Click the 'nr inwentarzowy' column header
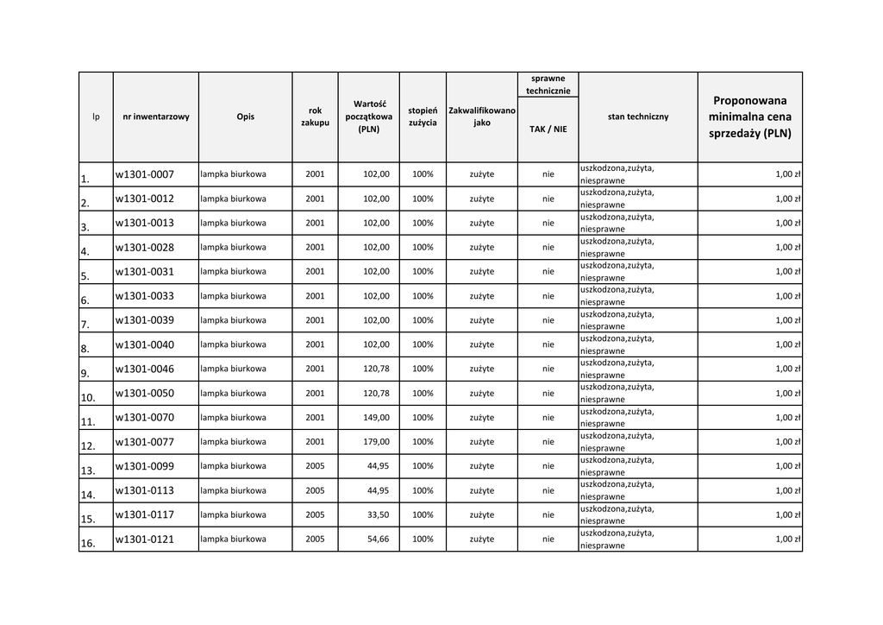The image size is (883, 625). click(x=156, y=117)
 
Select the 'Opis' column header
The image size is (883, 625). click(x=245, y=117)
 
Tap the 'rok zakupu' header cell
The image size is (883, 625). click(x=315, y=117)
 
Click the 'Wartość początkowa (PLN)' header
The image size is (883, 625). click(x=368, y=117)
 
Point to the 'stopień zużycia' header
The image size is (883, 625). click(x=423, y=117)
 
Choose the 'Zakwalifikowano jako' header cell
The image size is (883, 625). click(x=482, y=117)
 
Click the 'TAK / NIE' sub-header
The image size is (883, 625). click(x=548, y=129)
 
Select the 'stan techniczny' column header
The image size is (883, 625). click(x=637, y=117)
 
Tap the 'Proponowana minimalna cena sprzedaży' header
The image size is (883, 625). click(x=749, y=117)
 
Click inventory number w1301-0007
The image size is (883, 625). click(x=145, y=174)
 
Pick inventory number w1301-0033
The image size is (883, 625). click(x=145, y=296)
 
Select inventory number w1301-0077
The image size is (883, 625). click(x=145, y=442)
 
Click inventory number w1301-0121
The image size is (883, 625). click(x=145, y=540)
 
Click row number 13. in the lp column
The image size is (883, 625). click(x=87, y=471)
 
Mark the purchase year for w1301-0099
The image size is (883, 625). click(x=315, y=466)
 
